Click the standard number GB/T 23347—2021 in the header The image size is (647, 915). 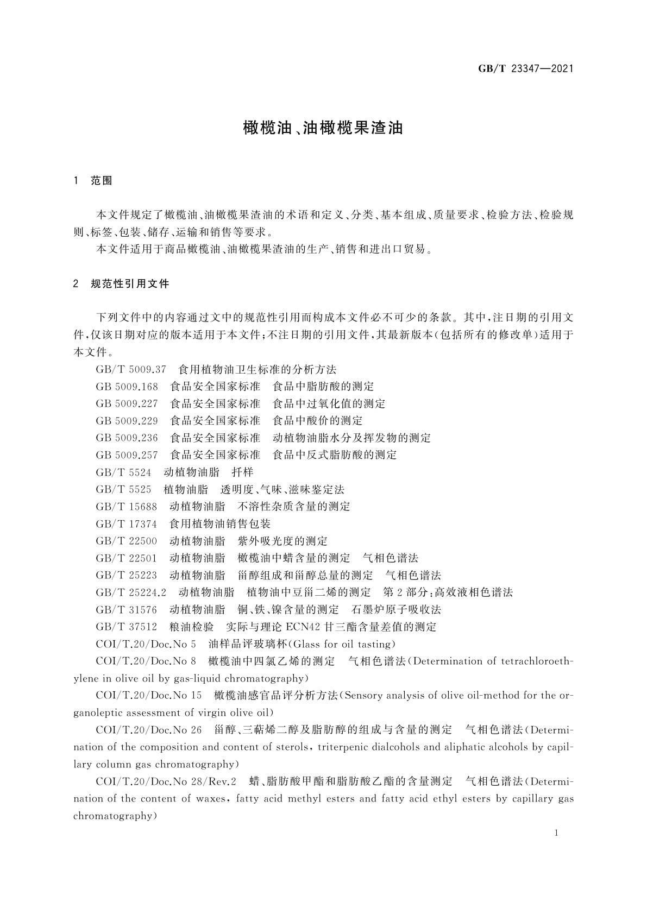point(525,69)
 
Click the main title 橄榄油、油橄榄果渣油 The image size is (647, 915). point(323,128)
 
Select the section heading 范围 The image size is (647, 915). point(101,181)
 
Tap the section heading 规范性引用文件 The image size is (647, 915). point(130,283)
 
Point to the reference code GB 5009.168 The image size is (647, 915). point(127,387)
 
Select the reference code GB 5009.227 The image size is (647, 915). point(127,404)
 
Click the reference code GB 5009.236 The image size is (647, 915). point(127,438)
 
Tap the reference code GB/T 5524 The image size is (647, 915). point(123,472)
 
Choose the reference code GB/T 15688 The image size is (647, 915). point(126,507)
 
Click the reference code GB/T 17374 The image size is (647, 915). point(126,524)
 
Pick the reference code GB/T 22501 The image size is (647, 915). point(126,558)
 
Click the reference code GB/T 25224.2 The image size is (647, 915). point(131,592)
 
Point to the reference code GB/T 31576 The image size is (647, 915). point(126,610)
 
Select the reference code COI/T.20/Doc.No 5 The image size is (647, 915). point(146,645)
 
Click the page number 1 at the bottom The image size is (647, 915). point(556,833)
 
